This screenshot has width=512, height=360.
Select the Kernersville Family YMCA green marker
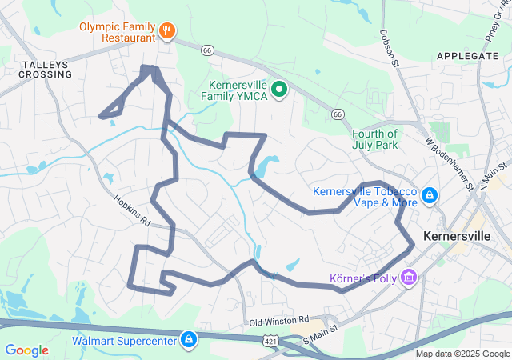(x=279, y=89)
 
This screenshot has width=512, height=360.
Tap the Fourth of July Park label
(x=375, y=139)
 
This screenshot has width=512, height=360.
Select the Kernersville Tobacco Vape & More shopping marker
(x=430, y=195)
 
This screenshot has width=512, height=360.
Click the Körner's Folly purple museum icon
(x=409, y=278)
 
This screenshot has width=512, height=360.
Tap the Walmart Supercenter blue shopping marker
(x=188, y=339)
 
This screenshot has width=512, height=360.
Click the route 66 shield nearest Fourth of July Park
(x=338, y=115)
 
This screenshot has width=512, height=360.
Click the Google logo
(x=27, y=350)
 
